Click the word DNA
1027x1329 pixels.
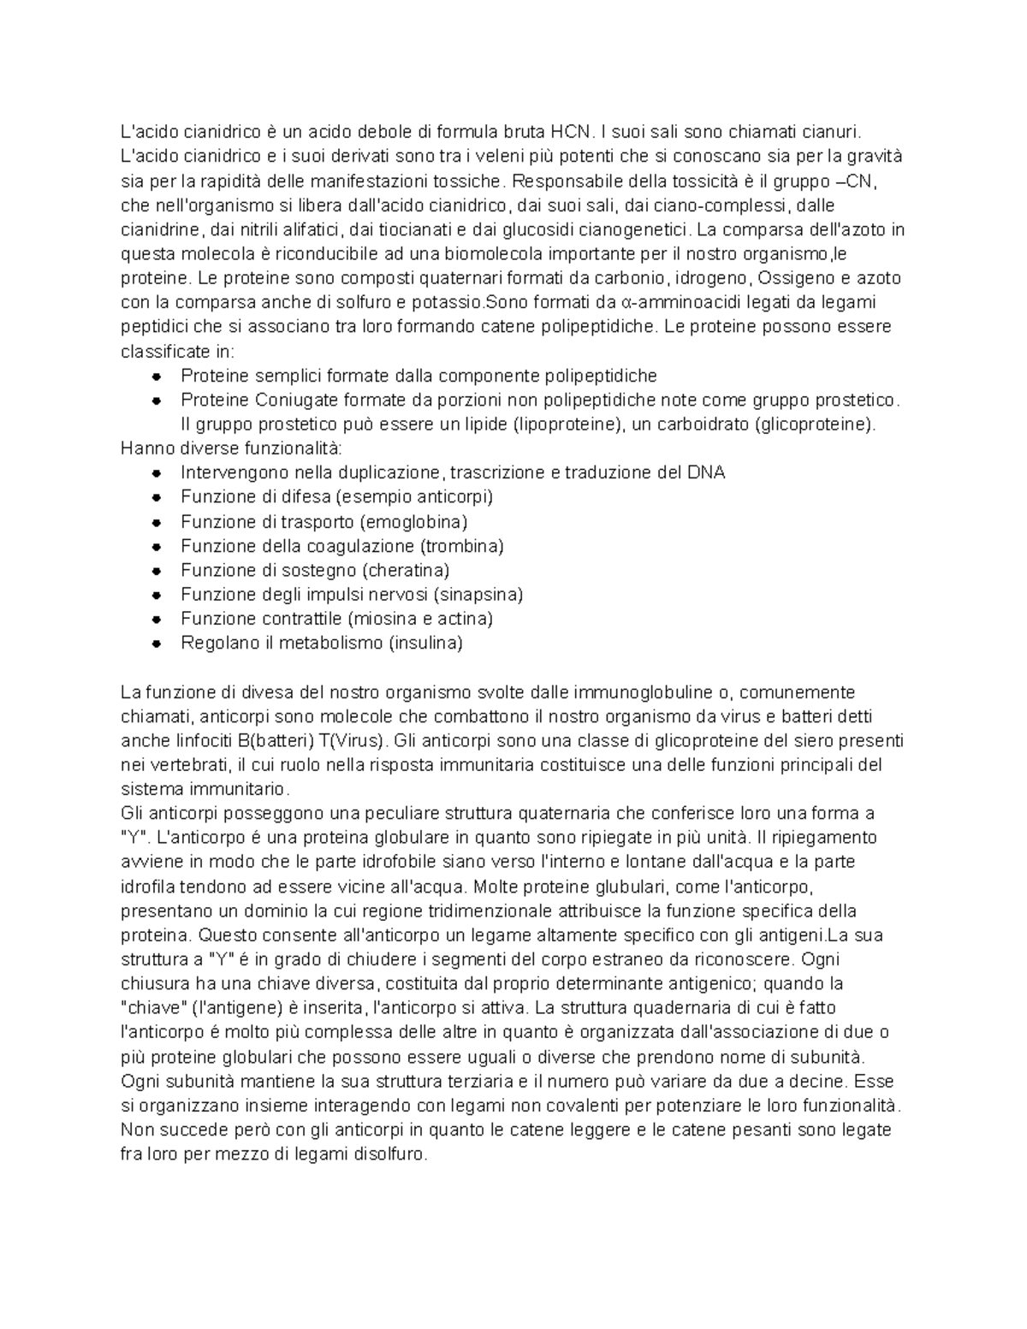[x=706, y=472]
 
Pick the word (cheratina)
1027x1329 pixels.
[x=407, y=570]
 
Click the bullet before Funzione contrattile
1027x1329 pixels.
[x=156, y=619]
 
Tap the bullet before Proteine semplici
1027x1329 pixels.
[x=156, y=376]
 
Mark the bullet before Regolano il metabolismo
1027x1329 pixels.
[x=156, y=643]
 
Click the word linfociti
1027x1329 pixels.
[x=202, y=740]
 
